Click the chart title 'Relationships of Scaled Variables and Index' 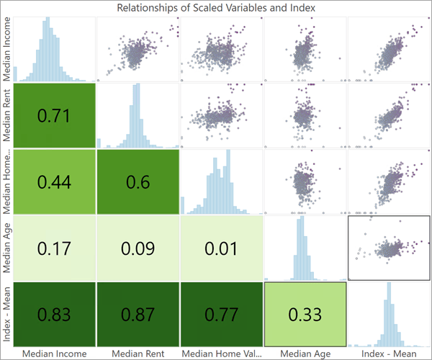[x=216, y=8]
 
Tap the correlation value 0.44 [x=54, y=181]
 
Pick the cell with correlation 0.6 [x=138, y=181]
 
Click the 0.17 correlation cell [x=54, y=248]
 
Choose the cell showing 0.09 [x=138, y=248]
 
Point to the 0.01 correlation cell [x=221, y=248]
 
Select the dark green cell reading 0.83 [x=54, y=315]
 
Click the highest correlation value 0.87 [x=138, y=315]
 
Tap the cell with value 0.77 [x=221, y=315]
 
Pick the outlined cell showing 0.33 [x=305, y=315]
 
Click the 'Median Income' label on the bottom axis [x=54, y=354]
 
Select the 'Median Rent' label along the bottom [x=138, y=354]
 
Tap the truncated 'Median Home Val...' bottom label [x=221, y=354]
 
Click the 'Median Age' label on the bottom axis [x=305, y=354]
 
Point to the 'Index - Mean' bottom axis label [x=389, y=354]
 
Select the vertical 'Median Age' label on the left [x=8, y=248]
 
